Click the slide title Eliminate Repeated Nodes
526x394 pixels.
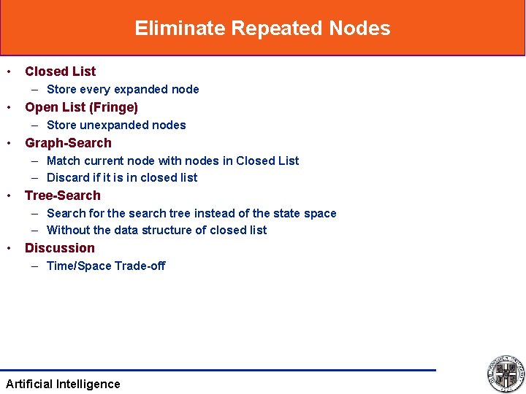(262, 28)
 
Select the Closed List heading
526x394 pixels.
(60, 72)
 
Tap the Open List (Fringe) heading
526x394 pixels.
(81, 107)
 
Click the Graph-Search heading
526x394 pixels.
(68, 143)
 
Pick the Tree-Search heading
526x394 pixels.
(63, 196)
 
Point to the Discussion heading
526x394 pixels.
(60, 248)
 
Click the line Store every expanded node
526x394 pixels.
(123, 89)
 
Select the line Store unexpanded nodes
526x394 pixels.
(116, 125)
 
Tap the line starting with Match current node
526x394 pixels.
(172, 161)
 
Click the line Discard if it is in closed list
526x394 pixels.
(122, 177)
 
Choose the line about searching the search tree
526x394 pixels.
(191, 213)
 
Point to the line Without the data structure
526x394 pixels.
(156, 230)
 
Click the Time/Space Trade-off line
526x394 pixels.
(106, 266)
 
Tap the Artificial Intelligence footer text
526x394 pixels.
(63, 384)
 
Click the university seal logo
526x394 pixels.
(505, 374)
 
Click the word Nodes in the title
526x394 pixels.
(359, 28)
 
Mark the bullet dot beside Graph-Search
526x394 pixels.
(9, 143)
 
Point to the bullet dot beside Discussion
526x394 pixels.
(9, 248)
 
